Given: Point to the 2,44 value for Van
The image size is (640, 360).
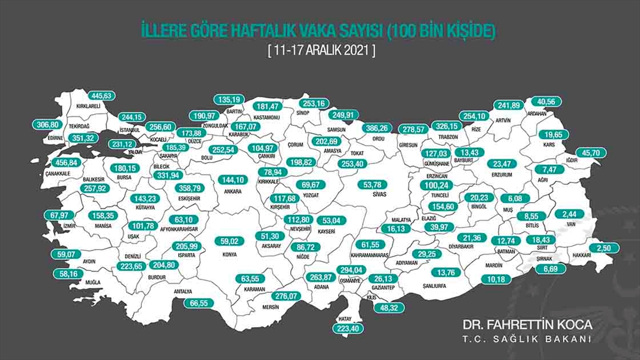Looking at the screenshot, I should click(570, 214).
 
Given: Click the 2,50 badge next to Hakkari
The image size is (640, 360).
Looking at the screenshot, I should click(604, 248).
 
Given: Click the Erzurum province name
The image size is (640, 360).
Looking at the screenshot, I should click(502, 174).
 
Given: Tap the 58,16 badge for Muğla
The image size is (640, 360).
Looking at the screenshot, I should click(68, 274).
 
